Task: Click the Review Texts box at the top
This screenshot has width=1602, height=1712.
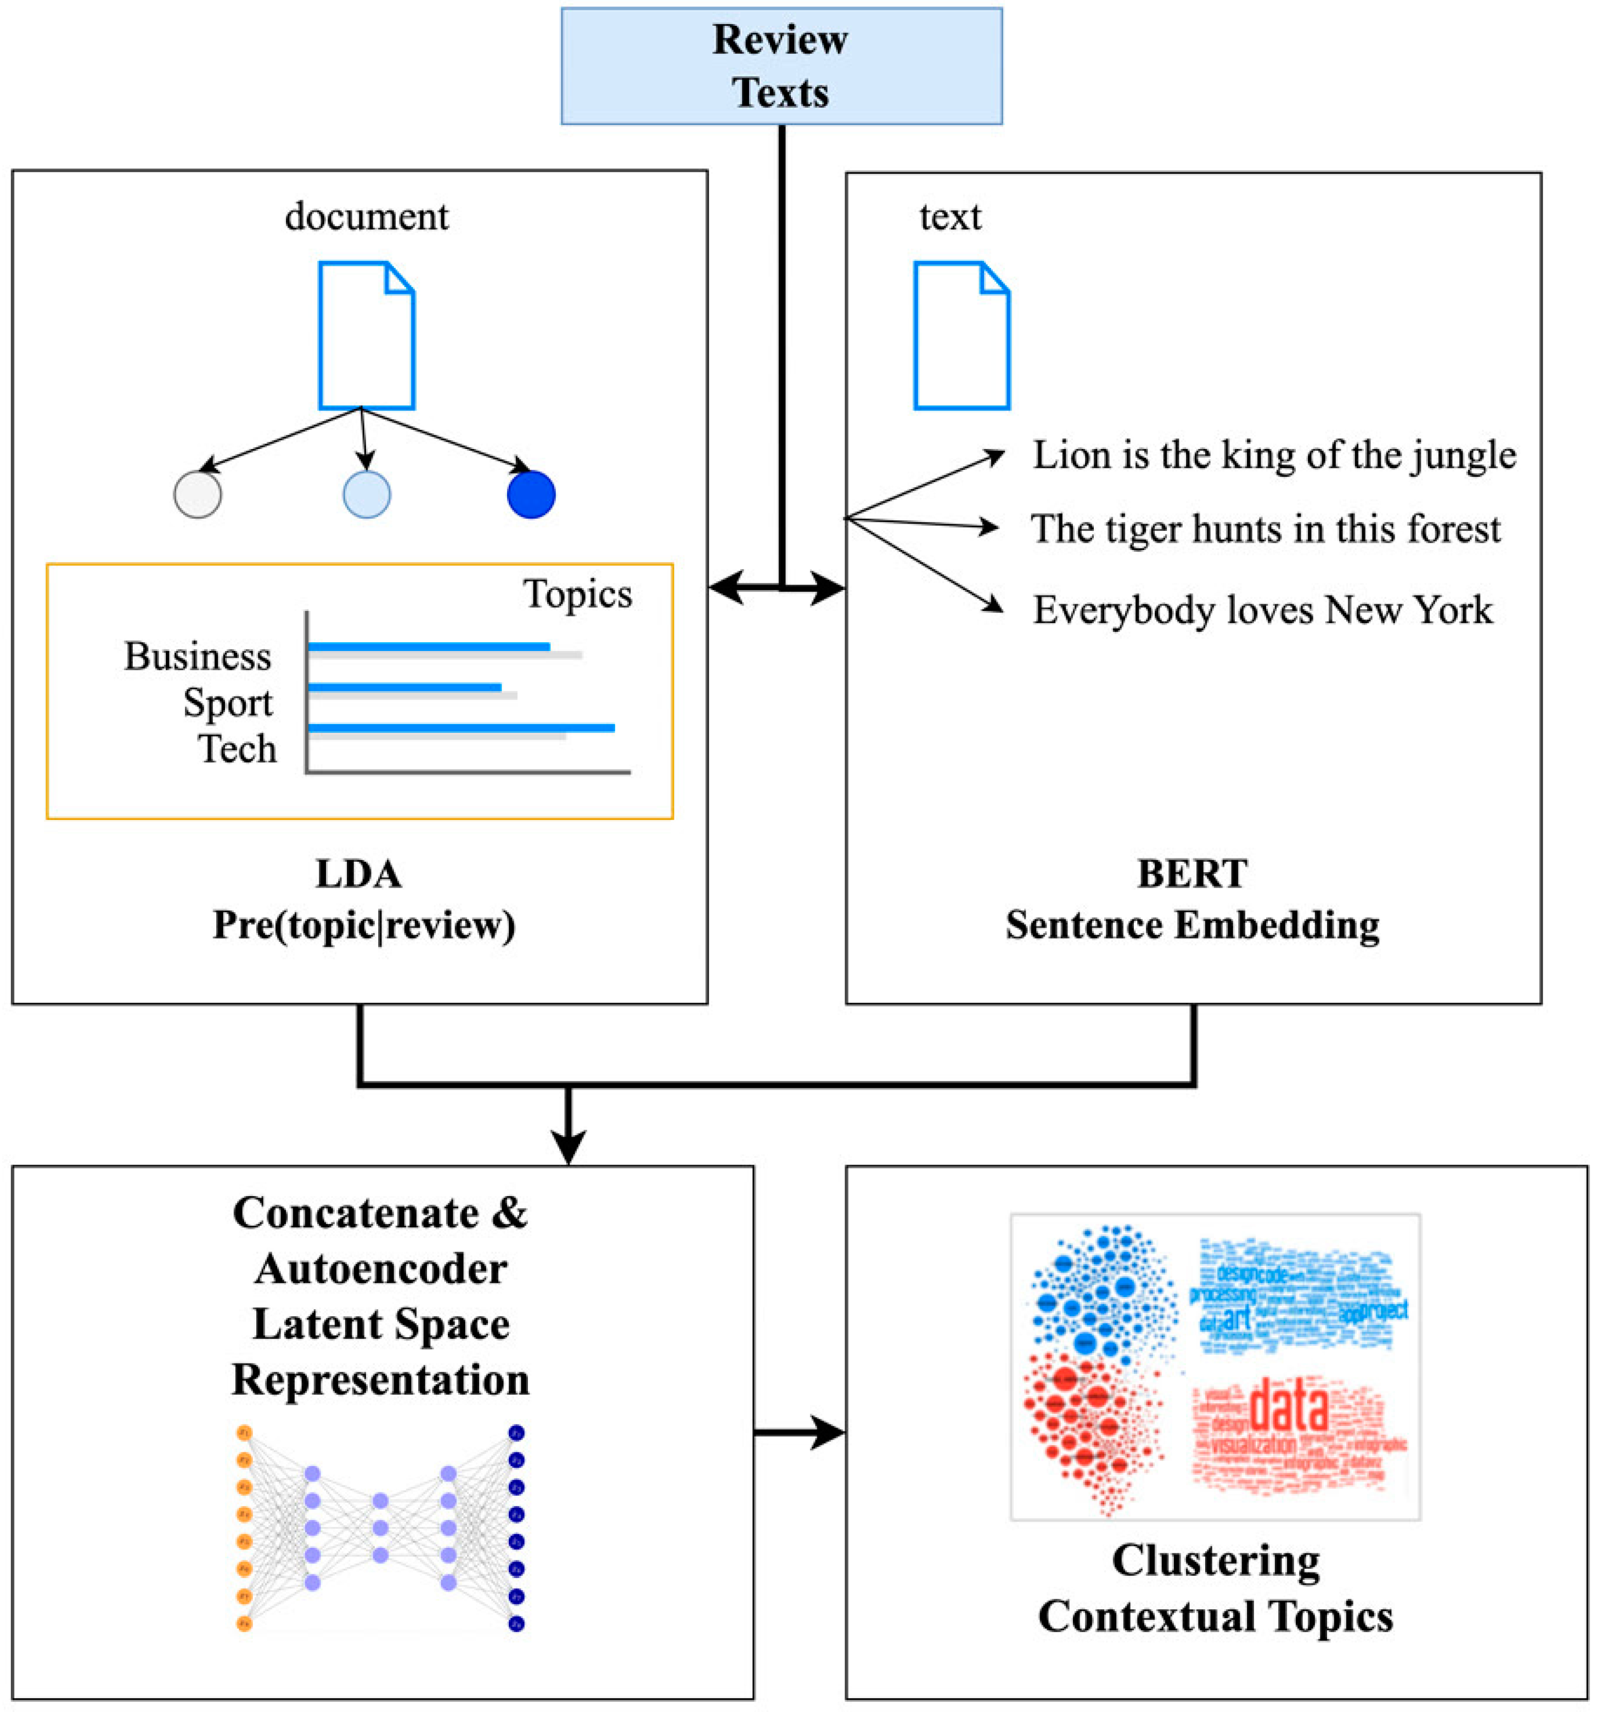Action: [781, 66]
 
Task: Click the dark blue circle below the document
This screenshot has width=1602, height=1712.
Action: [531, 495]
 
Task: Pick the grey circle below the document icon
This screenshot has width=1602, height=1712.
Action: [198, 495]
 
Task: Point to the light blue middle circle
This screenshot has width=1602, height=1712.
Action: [367, 495]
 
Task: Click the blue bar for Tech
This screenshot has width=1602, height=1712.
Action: [460, 728]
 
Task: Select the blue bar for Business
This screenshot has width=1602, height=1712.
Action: [428, 646]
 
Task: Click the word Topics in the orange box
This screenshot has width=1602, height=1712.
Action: [577, 594]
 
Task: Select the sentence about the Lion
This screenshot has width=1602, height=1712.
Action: [1273, 454]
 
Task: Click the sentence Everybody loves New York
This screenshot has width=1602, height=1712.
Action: [1262, 610]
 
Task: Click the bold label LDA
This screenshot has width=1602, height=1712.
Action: [358, 874]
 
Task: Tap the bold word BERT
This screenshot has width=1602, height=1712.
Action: [1191, 874]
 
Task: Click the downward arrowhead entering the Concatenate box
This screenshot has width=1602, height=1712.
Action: [568, 1146]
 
